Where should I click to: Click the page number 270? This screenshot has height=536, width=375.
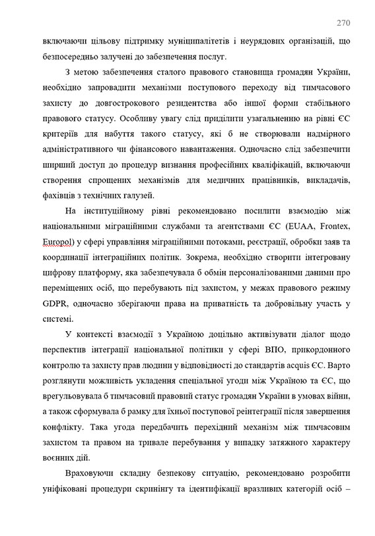point(343,22)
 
